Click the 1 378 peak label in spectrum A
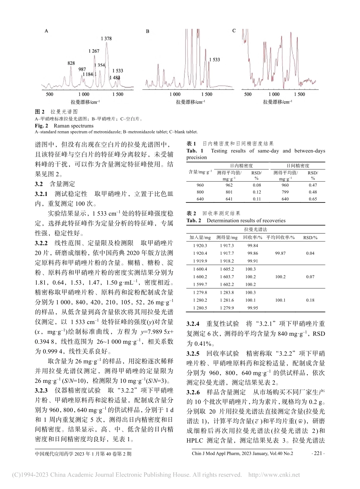point(106,39)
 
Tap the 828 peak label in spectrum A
point(71,63)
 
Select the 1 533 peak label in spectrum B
point(214,60)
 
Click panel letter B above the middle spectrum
point(147,32)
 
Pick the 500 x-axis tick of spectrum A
point(49,94)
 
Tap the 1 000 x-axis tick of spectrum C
point(274,94)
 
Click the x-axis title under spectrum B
point(191,102)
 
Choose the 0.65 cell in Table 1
point(313,199)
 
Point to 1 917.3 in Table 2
point(227,246)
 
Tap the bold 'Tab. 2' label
point(194,221)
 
